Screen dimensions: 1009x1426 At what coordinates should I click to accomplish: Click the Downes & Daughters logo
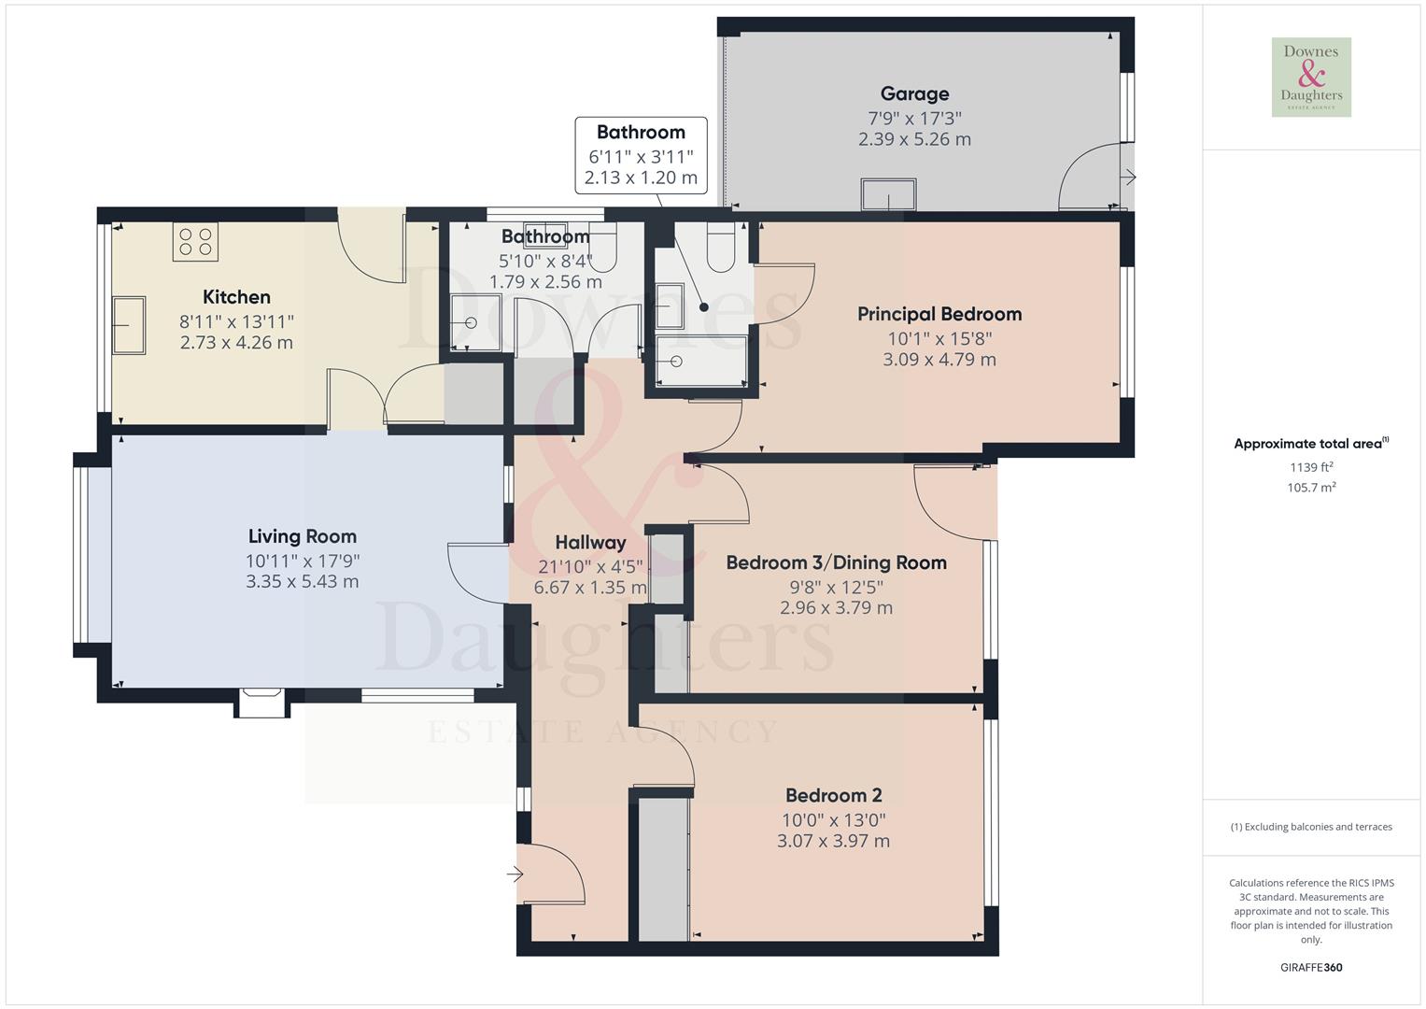point(1311,77)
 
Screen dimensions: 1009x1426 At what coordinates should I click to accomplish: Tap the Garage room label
point(914,93)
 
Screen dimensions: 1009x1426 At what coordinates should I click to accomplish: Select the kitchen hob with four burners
point(195,242)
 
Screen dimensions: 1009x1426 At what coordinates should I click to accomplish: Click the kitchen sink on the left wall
point(128,325)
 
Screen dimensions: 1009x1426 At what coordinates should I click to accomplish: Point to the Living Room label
point(302,536)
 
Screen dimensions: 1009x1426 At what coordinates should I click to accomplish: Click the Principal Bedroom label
point(939,314)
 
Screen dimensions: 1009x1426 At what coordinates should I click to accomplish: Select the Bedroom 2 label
point(833,795)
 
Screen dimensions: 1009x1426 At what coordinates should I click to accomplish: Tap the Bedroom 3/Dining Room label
point(836,562)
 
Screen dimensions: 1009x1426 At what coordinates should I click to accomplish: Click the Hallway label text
point(589,542)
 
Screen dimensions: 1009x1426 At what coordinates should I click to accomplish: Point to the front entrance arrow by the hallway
point(515,874)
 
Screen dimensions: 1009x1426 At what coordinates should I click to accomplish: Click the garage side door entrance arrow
point(1128,177)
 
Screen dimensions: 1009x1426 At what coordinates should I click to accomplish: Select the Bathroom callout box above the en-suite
point(641,155)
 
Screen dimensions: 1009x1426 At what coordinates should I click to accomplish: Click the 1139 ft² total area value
point(1311,467)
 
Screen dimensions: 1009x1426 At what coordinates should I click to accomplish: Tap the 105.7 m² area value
point(1311,487)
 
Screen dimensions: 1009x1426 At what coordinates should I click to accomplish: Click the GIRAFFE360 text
point(1311,967)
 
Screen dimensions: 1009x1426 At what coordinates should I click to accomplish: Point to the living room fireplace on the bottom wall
point(261,703)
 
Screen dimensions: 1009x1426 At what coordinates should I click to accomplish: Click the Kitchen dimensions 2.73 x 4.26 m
point(236,343)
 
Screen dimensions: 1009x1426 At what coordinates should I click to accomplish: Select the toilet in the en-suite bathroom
point(722,248)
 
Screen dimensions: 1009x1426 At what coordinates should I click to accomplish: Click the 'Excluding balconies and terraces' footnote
point(1311,827)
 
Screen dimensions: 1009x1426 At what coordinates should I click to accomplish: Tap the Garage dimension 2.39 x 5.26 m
point(914,139)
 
